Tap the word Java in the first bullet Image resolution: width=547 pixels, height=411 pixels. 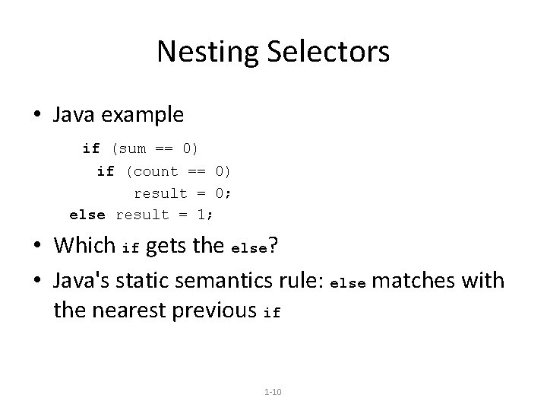[73, 114]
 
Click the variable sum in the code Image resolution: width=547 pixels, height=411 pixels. [131, 148]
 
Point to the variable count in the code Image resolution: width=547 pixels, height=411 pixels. [156, 171]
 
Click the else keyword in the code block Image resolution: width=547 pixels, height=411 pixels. [87, 214]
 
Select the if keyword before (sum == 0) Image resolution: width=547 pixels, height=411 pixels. [91, 148]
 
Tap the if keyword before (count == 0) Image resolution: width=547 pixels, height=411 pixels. [106, 171]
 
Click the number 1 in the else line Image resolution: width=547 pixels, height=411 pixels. [201, 214]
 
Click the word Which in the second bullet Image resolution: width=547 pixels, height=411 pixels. [84, 247]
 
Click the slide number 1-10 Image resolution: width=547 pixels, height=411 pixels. [273, 392]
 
